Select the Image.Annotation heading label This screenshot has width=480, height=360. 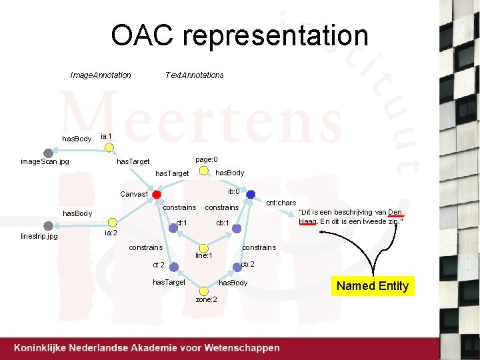[x=101, y=75]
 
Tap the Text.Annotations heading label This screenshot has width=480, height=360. [x=194, y=75]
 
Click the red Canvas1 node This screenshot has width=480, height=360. [x=157, y=195]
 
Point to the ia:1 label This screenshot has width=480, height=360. [x=106, y=136]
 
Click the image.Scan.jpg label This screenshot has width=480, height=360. [x=45, y=161]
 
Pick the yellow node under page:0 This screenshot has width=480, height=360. [x=203, y=170]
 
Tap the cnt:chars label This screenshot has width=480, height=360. [x=281, y=203]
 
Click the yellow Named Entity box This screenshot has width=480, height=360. [x=372, y=286]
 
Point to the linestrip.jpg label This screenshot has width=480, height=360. [x=39, y=236]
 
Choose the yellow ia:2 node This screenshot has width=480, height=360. [x=113, y=223]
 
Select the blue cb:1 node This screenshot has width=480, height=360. [x=236, y=229]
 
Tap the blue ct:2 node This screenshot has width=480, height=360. [x=173, y=267]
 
